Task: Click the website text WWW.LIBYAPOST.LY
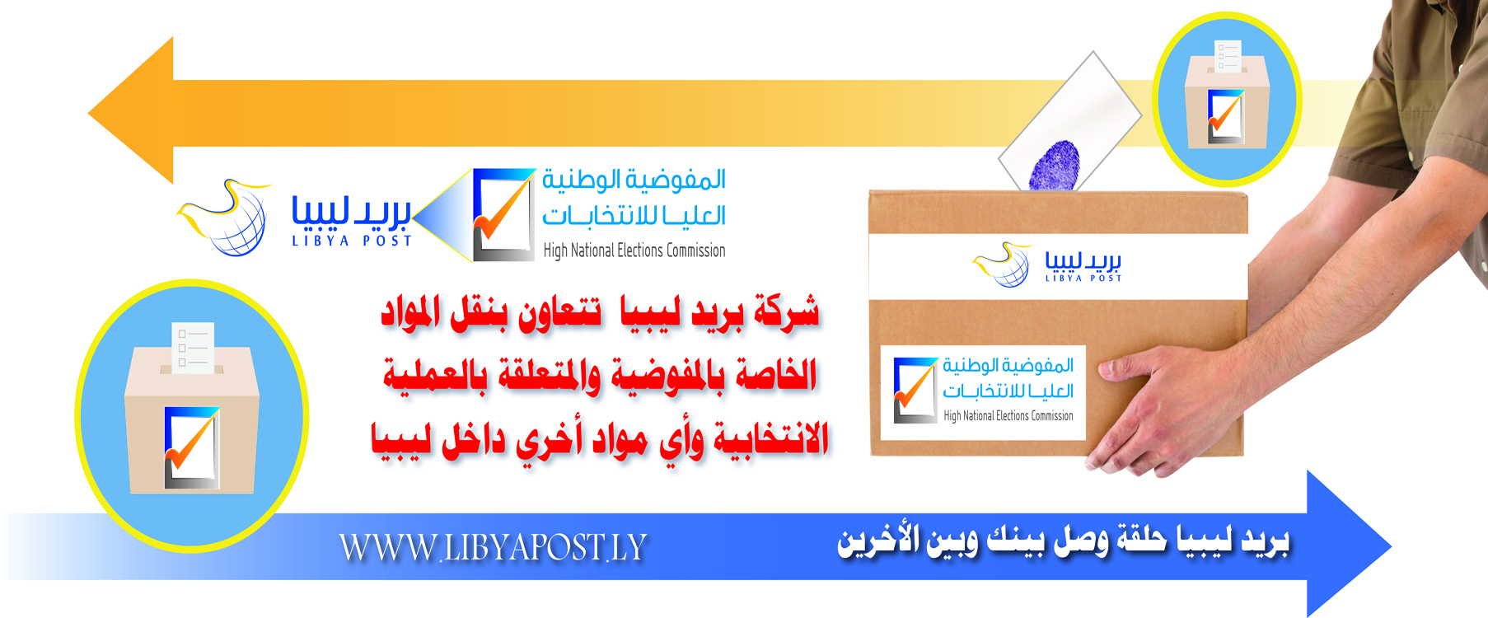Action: pyautogui.click(x=493, y=548)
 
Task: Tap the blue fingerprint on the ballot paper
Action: pyautogui.click(x=1055, y=165)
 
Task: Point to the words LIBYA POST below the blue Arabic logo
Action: pyautogui.click(x=352, y=241)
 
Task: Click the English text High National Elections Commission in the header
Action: pyautogui.click(x=634, y=250)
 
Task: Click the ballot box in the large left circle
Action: pyautogui.click(x=192, y=420)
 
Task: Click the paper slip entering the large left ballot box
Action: pyautogui.click(x=194, y=347)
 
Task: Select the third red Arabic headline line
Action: pyautogui.click(x=599, y=440)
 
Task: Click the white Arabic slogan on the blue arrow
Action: pyautogui.click(x=1062, y=541)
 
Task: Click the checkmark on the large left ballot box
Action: pyautogui.click(x=191, y=447)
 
